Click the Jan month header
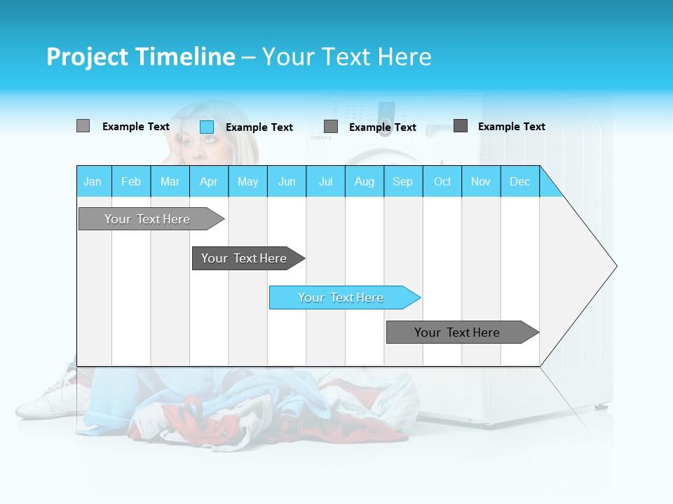pyautogui.click(x=93, y=181)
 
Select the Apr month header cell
pyautogui.click(x=209, y=181)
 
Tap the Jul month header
pyautogui.click(x=325, y=181)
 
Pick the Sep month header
pyautogui.click(x=403, y=181)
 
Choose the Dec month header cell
pyautogui.click(x=519, y=181)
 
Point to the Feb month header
pyautogui.click(x=131, y=181)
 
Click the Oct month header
pyautogui.click(x=442, y=181)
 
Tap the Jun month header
pyautogui.click(x=287, y=181)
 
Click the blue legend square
pyautogui.click(x=207, y=127)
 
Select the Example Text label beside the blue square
pyautogui.click(x=259, y=127)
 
